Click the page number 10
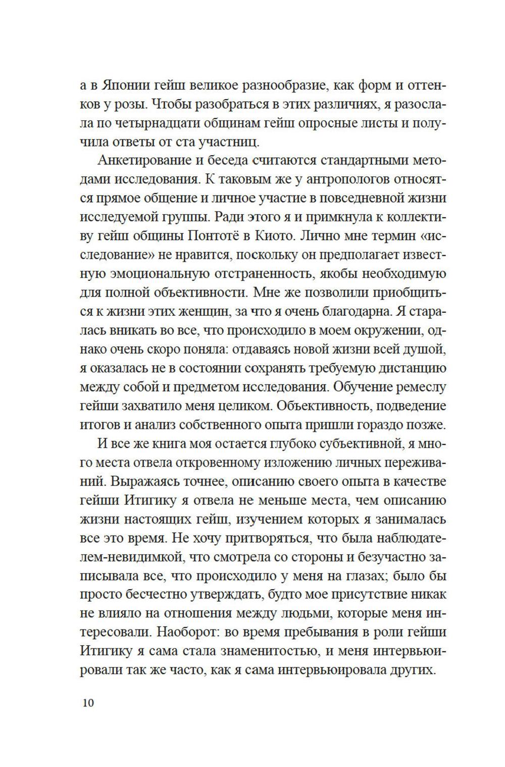click(x=87, y=703)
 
